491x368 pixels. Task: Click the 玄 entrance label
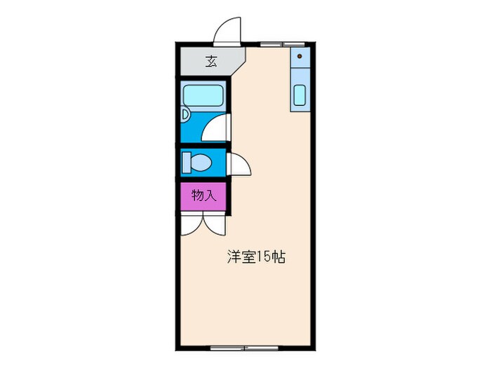210,61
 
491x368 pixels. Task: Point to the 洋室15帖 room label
255,257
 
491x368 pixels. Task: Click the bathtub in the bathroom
203,95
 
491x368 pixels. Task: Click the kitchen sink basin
300,95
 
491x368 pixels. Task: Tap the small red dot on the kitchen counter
300,55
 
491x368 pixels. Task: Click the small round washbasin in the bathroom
184,114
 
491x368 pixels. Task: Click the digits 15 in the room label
262,257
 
